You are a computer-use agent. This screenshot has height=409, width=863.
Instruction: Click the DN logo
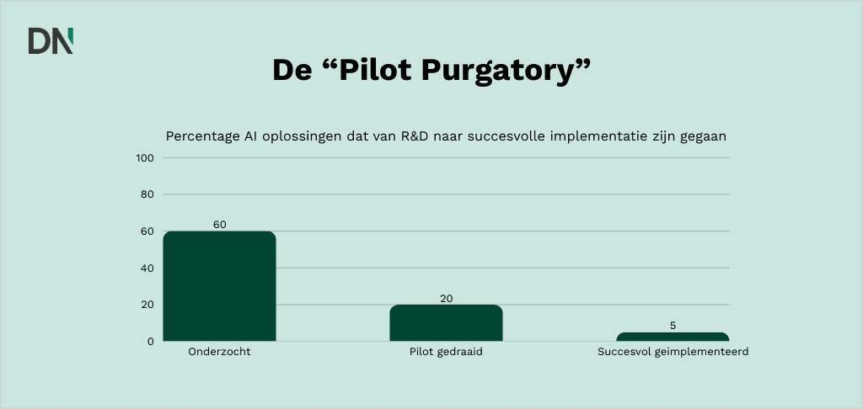51,40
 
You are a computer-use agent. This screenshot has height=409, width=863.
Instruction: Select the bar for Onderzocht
219,286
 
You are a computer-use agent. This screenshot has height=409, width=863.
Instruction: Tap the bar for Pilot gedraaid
446,323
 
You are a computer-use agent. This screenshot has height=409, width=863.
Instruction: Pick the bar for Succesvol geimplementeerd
673,337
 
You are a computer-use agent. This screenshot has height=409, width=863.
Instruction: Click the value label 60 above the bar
219,225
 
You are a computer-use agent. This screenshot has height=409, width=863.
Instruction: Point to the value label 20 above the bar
446,299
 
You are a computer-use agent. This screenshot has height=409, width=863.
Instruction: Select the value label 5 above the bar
673,326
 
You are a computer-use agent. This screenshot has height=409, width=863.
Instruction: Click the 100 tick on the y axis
144,158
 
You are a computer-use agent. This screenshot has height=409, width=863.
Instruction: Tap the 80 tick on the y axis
147,194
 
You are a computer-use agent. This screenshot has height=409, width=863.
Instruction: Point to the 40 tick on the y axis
147,268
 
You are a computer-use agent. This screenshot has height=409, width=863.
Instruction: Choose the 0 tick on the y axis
150,342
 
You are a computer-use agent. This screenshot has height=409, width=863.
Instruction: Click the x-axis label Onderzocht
219,353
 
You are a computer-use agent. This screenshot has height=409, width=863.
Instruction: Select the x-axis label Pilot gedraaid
446,353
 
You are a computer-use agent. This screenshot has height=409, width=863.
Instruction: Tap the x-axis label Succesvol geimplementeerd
673,353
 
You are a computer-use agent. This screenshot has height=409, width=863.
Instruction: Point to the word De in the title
292,71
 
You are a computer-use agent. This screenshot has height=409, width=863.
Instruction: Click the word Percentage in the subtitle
199,136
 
